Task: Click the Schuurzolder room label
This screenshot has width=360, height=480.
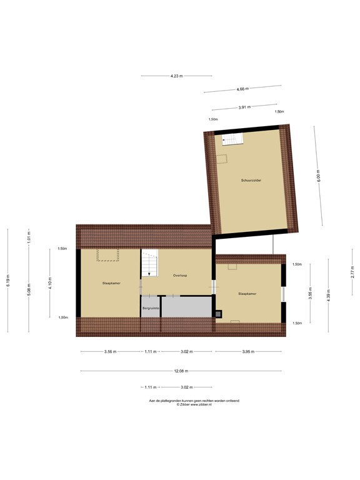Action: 251,181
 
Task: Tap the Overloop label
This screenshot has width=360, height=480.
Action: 181,276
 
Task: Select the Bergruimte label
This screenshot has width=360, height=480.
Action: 151,308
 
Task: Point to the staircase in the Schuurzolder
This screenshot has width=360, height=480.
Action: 231,140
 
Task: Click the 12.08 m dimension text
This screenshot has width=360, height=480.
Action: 181,371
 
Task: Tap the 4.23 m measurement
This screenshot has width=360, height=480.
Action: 176,76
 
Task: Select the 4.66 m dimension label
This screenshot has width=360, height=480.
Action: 244,89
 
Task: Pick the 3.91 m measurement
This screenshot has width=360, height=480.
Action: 244,107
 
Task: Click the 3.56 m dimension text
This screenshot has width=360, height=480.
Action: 111,352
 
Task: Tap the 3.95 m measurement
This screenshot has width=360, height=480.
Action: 250,352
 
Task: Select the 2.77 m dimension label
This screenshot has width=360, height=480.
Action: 352,272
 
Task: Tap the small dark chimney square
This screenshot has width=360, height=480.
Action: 217,313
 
